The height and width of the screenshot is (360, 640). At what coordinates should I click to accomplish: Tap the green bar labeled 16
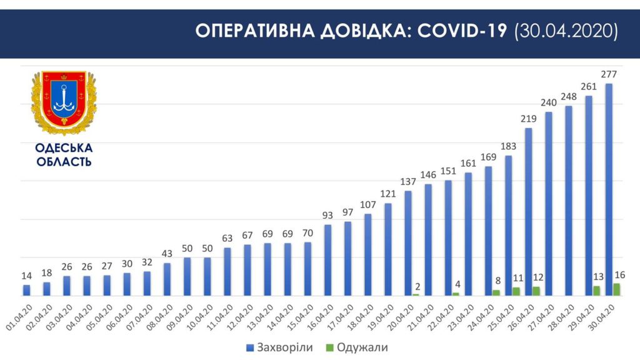(x=617, y=289)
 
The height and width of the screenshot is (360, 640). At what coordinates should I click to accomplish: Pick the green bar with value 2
(x=416, y=294)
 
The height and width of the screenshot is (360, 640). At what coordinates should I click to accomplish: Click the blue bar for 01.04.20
(x=26, y=290)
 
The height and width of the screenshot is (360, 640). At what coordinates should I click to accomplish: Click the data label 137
(x=408, y=182)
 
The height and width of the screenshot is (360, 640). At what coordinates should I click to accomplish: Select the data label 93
(x=328, y=216)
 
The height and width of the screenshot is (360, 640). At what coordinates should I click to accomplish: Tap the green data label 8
(x=496, y=281)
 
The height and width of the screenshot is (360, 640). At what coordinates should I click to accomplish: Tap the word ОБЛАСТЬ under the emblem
(x=64, y=162)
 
